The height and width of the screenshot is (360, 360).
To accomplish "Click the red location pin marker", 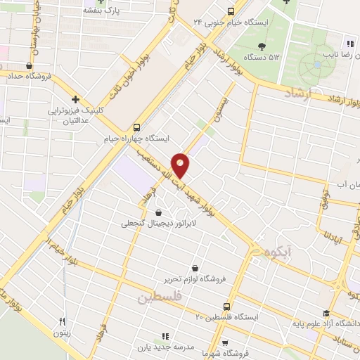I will (x=181, y=165).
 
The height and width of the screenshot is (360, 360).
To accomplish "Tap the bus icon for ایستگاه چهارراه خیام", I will (x=136, y=127).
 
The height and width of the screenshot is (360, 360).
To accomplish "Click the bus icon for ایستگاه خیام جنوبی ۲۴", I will (x=230, y=11).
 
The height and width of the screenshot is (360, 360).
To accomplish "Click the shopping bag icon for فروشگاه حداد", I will (x=28, y=66).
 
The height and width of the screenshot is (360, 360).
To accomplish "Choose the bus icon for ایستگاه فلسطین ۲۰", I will (x=226, y=307).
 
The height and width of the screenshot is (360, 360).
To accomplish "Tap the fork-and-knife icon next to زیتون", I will (x=63, y=322).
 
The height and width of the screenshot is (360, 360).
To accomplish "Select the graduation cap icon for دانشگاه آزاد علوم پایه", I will (x=325, y=314).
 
